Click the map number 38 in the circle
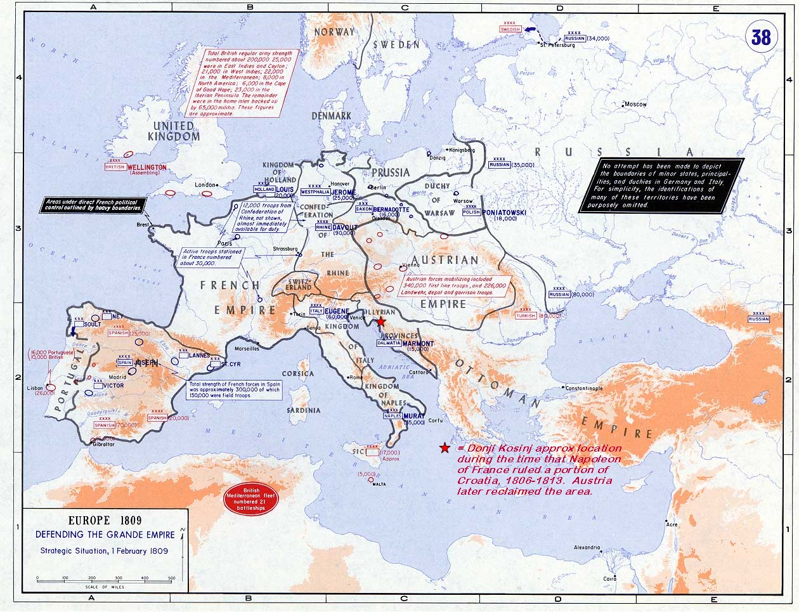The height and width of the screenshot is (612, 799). [760, 37]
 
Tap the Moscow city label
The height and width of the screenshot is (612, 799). [635, 104]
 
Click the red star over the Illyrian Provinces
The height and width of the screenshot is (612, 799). [380, 322]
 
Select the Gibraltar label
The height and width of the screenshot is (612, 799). [102, 444]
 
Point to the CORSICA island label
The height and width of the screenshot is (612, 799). [298, 374]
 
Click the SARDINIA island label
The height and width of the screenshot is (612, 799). [303, 410]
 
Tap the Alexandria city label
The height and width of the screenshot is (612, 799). [587, 547]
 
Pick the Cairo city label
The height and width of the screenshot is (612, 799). [610, 578]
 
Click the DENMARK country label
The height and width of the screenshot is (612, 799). [331, 116]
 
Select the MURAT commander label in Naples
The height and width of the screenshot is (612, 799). [414, 416]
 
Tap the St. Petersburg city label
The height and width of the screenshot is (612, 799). [556, 45]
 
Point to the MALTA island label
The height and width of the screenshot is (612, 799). [379, 484]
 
